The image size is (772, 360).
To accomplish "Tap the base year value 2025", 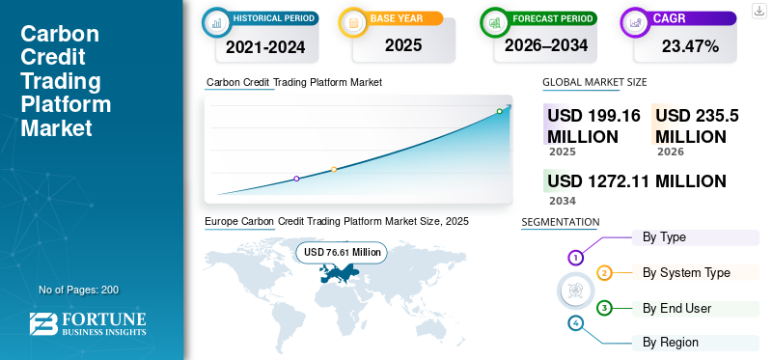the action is click(403, 45).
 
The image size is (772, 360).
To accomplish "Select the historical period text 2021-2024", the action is click(265, 47).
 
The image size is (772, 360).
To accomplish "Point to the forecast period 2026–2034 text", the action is click(546, 45).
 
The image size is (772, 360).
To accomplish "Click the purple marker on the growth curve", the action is click(296, 179).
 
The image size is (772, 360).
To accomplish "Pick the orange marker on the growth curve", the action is click(334, 169).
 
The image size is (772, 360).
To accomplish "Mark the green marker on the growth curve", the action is click(499, 111).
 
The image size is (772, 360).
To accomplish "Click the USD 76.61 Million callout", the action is click(342, 252).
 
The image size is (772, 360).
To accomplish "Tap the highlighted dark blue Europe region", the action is click(339, 272).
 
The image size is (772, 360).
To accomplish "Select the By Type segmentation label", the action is click(664, 237).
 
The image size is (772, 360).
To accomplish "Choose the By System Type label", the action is click(686, 273).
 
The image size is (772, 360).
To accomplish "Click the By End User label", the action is click(677, 308).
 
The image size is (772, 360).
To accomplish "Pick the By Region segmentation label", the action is click(671, 342).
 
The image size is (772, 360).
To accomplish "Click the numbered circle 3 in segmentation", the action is click(604, 308).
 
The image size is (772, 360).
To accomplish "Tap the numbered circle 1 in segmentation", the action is click(575, 257).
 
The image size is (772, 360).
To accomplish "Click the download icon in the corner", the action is click(759, 11).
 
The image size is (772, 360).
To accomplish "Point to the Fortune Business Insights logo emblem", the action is click(43, 324).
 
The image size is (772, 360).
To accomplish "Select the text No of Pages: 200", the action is click(79, 290).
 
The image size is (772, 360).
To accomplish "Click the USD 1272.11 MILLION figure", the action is click(637, 181).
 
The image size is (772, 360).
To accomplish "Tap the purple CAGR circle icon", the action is click(634, 22).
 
